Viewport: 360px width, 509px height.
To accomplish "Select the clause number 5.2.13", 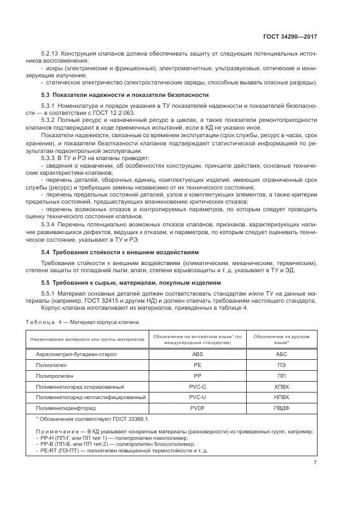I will click(50, 54).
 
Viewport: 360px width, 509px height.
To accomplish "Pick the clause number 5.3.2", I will click(48, 119).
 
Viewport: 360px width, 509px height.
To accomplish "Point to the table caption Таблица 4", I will click(44, 322).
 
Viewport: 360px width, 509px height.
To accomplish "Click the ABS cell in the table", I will click(197, 354).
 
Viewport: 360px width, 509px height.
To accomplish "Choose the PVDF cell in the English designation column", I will click(197, 408).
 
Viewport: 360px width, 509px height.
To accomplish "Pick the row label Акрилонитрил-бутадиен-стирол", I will click(76, 354).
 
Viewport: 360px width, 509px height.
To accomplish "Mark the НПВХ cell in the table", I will click(282, 397).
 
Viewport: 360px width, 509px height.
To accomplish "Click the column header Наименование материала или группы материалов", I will click(88, 339).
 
